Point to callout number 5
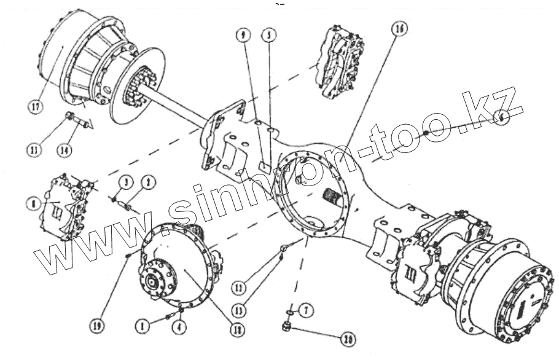[267, 35]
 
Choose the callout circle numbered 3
[124, 181]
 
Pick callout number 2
[147, 181]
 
